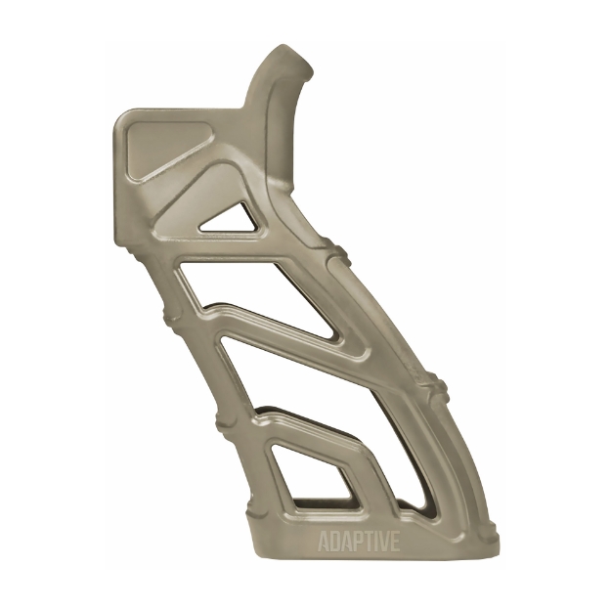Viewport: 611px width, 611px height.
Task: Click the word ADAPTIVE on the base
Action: click(x=359, y=543)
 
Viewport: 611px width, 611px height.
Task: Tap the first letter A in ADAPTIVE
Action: click(x=325, y=543)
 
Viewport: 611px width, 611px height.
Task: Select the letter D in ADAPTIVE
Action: click(x=335, y=543)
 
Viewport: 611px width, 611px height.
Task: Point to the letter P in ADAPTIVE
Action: click(x=357, y=543)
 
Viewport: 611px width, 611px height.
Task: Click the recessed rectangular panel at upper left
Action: click(x=164, y=147)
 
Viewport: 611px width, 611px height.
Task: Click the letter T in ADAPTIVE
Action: click(x=368, y=543)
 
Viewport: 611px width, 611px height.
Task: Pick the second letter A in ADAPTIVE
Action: click(x=346, y=543)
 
